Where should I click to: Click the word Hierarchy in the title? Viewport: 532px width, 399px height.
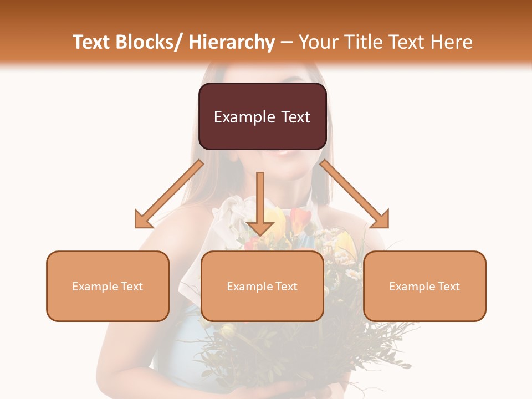232,42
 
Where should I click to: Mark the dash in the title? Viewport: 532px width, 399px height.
287,42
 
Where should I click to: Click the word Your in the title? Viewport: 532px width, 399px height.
318,42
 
